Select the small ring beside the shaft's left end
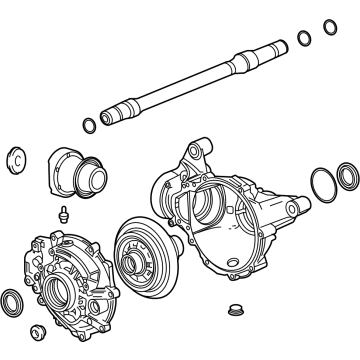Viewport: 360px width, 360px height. pos(90,124)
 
